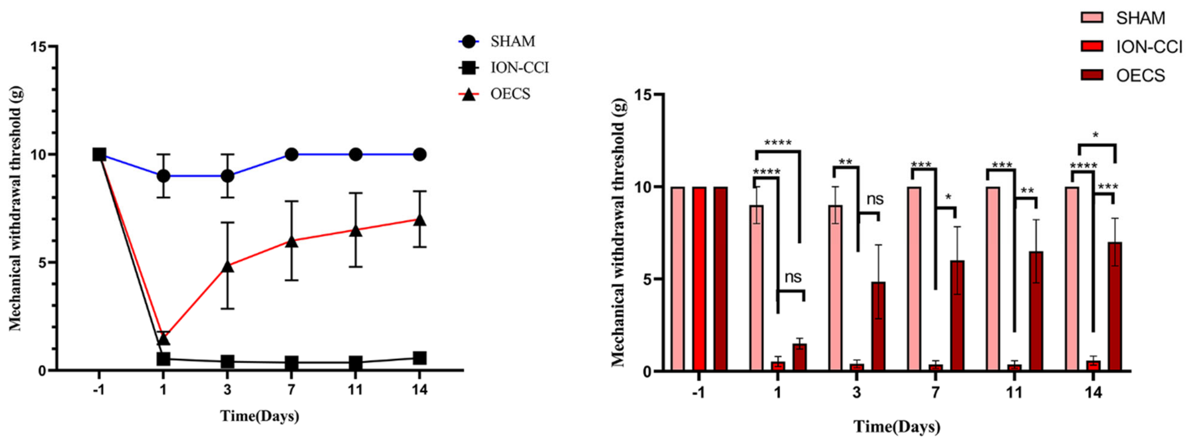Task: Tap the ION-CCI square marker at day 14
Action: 419,357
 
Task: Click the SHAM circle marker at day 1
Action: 163,176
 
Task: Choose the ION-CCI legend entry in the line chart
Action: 519,68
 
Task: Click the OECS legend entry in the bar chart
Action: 1140,75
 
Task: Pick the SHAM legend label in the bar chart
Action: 1140,18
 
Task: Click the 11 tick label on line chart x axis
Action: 355,390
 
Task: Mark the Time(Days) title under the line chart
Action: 259,416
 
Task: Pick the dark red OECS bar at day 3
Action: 879,326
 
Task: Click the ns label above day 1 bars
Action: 793,277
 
